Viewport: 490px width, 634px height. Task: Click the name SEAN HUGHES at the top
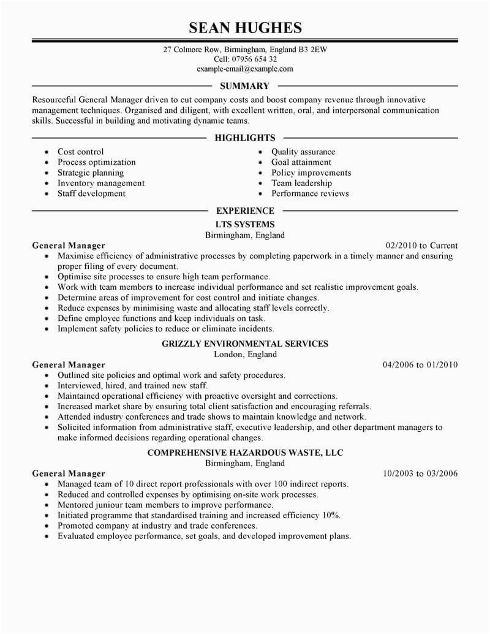click(x=245, y=28)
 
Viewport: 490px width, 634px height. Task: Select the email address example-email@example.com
click(x=245, y=69)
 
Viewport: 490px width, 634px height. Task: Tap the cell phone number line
click(x=245, y=59)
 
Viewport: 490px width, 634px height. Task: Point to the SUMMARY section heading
click(x=245, y=86)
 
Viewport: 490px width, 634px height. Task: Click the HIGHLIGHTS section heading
click(x=245, y=138)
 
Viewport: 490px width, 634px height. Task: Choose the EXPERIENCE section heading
click(x=245, y=211)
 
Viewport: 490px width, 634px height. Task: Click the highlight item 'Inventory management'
click(x=101, y=183)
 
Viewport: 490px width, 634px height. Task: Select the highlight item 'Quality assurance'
click(x=303, y=152)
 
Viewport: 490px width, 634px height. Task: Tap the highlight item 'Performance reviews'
click(x=310, y=194)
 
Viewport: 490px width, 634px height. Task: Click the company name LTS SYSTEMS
click(x=245, y=225)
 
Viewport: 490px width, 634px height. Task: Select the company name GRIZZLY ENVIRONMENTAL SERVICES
click(x=245, y=344)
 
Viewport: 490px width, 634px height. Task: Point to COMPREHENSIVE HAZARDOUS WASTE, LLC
click(x=245, y=453)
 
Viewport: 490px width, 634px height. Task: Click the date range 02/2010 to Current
click(x=421, y=246)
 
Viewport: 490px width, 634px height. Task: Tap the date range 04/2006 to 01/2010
click(x=420, y=364)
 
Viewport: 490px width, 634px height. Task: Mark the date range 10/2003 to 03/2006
click(x=420, y=474)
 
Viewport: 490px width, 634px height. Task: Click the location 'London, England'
click(x=245, y=354)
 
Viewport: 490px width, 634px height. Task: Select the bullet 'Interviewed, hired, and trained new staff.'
click(x=132, y=386)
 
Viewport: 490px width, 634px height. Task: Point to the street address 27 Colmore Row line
click(x=245, y=50)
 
